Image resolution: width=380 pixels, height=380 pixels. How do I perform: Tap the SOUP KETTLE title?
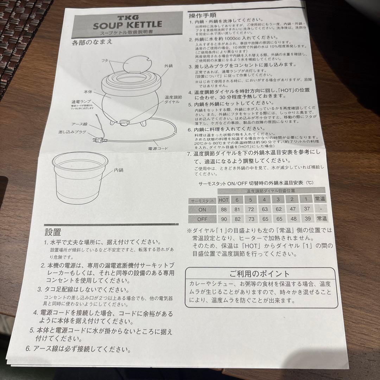(x=127, y=25)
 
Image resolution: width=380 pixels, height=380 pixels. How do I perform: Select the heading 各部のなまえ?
(x=92, y=43)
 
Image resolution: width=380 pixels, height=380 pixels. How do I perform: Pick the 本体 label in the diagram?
(x=88, y=91)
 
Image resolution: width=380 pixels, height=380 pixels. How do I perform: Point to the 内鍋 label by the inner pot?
(x=118, y=170)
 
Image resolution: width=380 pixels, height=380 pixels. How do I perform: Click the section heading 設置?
(x=53, y=232)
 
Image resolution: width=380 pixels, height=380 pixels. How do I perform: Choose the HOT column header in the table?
(x=223, y=200)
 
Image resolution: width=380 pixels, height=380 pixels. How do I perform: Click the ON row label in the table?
(x=202, y=209)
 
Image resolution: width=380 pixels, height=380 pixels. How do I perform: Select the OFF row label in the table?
(x=202, y=218)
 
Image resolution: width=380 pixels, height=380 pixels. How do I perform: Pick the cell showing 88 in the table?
(x=224, y=209)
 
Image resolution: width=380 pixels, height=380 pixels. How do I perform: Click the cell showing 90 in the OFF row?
(x=224, y=218)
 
